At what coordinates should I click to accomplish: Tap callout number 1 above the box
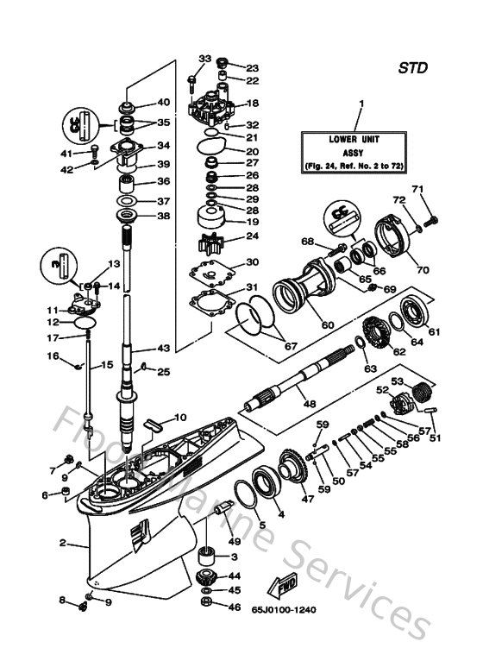[x=361, y=104]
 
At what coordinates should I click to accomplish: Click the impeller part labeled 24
[x=215, y=236]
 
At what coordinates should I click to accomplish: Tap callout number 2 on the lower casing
[x=63, y=543]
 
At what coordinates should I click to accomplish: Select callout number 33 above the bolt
[x=204, y=58]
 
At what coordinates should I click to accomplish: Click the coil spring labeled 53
[x=422, y=392]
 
